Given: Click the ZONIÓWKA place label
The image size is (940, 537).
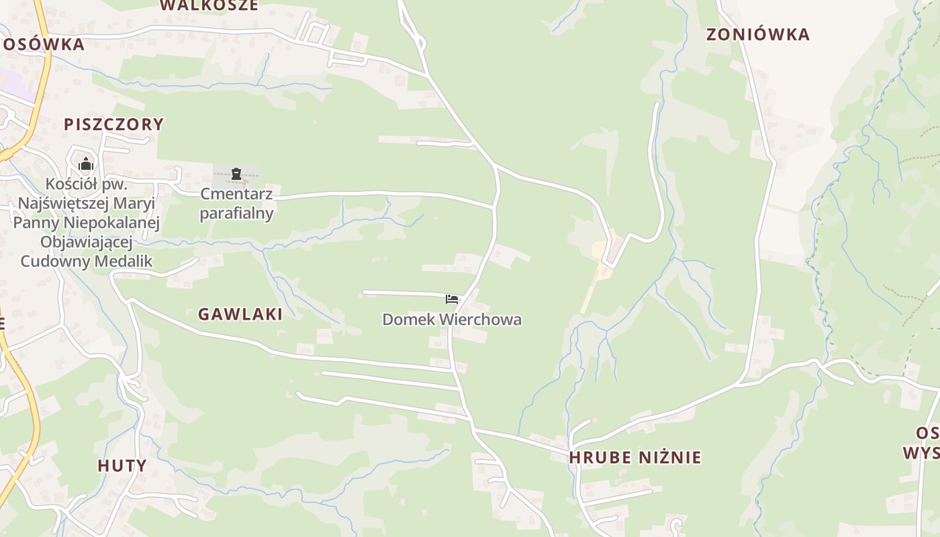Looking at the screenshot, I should coord(758,35).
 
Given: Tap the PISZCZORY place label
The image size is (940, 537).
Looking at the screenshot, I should coord(113,124).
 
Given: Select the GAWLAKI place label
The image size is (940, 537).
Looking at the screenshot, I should coord(240,314).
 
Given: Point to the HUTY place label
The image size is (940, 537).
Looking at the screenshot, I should coord(122,466).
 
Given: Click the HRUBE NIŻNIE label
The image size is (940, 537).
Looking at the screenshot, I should coord(634,458).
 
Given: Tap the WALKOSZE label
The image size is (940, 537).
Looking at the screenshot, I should coord(209,5).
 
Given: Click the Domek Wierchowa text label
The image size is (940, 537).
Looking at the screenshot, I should coord(452,320).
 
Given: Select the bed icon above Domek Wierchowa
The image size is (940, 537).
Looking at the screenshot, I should coord(452,299).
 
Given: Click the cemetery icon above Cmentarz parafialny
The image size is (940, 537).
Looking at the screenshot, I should coord(236,175).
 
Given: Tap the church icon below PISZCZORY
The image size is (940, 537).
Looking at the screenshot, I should coord(86,164).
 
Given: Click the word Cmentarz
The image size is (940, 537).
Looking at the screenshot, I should coord(236,195).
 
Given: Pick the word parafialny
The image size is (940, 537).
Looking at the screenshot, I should coord(236,213).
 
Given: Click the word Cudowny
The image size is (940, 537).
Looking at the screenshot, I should coord(52,261).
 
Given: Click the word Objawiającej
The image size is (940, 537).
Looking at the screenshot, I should coord(86,242).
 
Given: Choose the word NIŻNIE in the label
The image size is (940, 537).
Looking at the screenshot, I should coord(668,458).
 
